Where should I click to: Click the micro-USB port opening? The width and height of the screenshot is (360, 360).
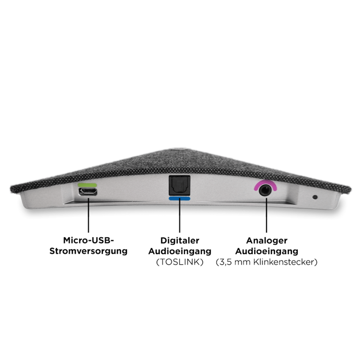click(87, 191)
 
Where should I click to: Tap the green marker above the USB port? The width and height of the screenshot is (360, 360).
click(87, 185)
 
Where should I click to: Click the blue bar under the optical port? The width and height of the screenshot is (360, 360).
click(179, 198)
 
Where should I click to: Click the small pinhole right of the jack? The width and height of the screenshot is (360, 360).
click(315, 197)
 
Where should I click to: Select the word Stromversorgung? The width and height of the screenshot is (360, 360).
click(88, 251)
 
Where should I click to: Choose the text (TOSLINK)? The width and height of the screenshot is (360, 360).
click(180, 263)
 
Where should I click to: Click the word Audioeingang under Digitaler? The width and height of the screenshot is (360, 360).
click(180, 252)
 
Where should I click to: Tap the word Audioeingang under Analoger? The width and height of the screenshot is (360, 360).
click(266, 252)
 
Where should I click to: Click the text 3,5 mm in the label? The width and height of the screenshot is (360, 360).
click(235, 263)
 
